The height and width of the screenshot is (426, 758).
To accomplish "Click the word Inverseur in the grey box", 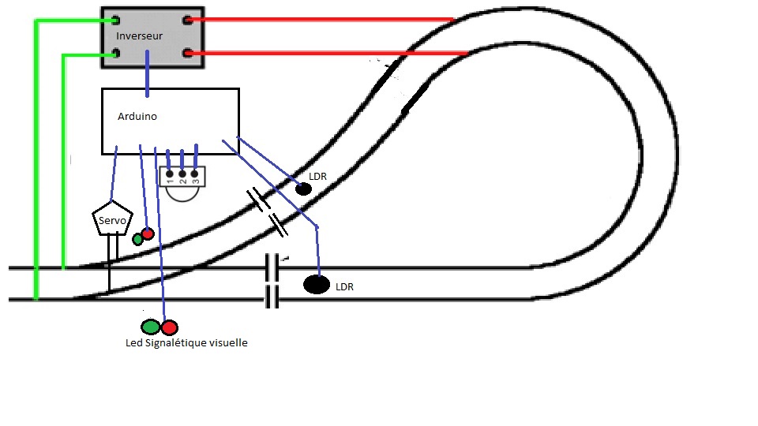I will click(141, 36).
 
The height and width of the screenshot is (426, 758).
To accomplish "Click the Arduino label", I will click(137, 116).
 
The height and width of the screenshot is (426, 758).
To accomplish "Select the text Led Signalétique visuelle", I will click(186, 343).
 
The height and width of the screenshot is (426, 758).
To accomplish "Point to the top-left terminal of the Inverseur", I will click(115, 19).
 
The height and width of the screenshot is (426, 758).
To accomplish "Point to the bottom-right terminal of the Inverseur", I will click(188, 54).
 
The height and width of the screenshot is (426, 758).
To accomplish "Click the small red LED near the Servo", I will click(147, 234).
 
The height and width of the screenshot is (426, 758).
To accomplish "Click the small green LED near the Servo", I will click(137, 240).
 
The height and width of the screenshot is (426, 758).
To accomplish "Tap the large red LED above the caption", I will click(170, 327).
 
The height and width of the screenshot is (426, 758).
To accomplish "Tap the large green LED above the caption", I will click(151, 326).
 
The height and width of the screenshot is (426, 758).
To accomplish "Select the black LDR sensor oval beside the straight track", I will click(317, 285).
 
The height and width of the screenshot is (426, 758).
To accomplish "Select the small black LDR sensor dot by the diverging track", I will click(303, 189).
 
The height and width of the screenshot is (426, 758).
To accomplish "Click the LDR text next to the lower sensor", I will click(344, 287).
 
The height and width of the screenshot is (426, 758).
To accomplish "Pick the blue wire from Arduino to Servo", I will click(114, 177).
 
